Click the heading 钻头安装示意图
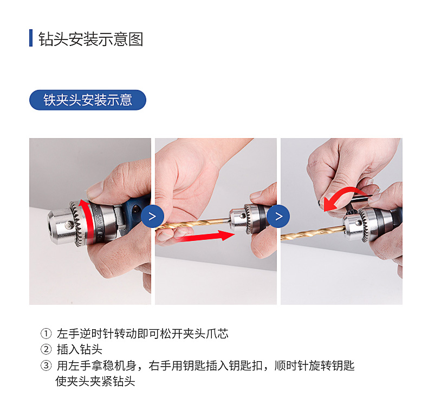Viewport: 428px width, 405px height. [x=90, y=39]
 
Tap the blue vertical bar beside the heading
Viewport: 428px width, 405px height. [x=31, y=38]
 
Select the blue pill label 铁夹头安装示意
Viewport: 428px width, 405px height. [x=88, y=100]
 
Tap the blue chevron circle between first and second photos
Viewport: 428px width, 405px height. [x=152, y=217]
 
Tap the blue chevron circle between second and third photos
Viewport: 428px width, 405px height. [x=278, y=217]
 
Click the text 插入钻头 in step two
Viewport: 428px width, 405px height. [x=80, y=350]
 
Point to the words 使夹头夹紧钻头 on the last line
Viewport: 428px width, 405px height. [x=95, y=382]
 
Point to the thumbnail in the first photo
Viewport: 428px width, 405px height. [x=95, y=190]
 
